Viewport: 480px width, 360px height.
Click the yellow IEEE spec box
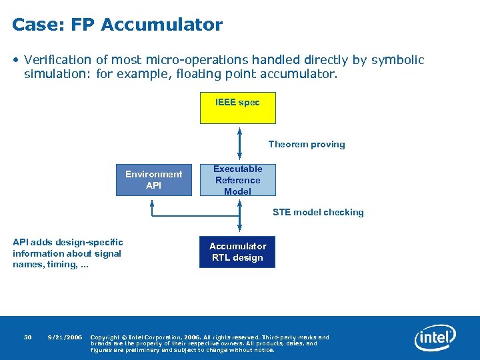coord(237,108)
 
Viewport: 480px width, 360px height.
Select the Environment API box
coord(153,180)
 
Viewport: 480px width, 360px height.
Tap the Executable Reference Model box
coord(237,180)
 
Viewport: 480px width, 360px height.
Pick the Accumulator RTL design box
coord(237,251)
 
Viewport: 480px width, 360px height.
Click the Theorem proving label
coord(307,144)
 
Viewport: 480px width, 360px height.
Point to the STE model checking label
coord(318,212)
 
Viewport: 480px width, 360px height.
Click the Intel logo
coord(435,338)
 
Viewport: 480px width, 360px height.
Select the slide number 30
coord(28,337)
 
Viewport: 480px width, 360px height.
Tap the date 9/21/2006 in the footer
coord(65,337)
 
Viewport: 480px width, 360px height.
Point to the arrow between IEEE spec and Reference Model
coord(239,143)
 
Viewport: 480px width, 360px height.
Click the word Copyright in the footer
coord(105,337)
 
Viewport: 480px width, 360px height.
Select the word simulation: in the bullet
coord(58,74)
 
